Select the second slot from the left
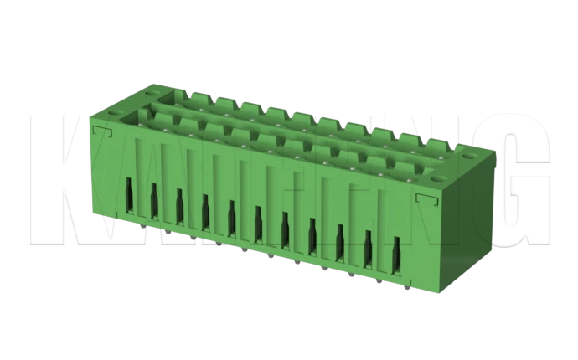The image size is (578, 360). pos(154,201)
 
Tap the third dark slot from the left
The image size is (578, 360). pos(179,206)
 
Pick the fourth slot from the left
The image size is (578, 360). pos(204,212)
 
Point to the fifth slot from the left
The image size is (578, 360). pos(230,217)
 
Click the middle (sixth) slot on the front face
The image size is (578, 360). pos(257,222)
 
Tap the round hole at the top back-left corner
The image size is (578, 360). pos(156,86)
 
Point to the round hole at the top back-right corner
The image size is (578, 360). pos(462,152)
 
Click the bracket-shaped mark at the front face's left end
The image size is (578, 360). pos(102,132)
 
